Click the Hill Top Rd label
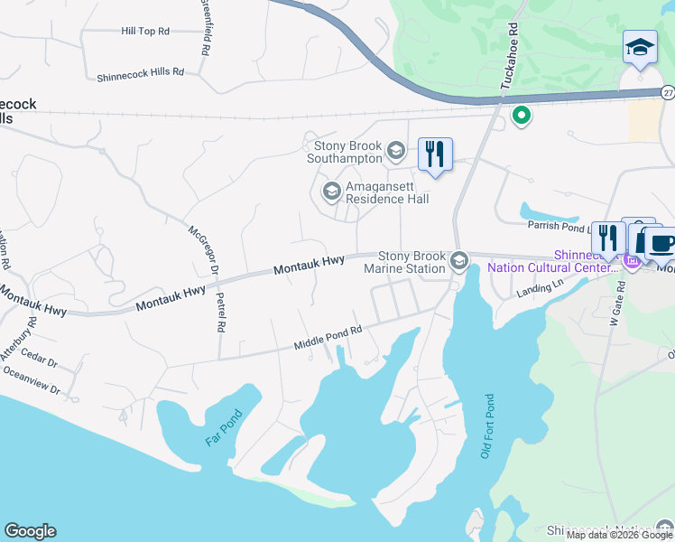pos(145,31)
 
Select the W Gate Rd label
pos(615,307)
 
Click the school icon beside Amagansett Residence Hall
pos(331,191)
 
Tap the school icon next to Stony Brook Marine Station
pos(458,261)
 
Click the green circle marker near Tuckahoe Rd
pos(520,115)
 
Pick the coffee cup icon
pos(661,243)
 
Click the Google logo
pos(30,531)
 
